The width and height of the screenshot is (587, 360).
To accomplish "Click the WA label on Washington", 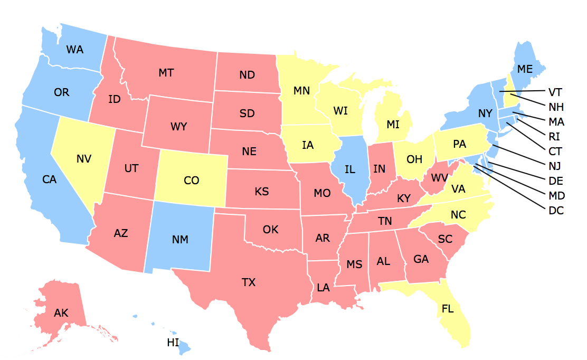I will [x=75, y=50].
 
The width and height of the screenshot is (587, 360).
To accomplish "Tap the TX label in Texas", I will [x=249, y=282].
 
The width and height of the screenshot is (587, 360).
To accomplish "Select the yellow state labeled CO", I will [x=192, y=181].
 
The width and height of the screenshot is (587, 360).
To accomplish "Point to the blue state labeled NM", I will [x=180, y=239].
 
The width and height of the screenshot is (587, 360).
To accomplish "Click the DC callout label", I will [x=556, y=211].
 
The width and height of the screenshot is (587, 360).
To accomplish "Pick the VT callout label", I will [x=556, y=92].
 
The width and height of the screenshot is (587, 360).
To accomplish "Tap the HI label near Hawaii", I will [x=173, y=343].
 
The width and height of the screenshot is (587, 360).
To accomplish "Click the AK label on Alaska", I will [x=61, y=313].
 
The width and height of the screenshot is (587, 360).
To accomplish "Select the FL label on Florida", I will [x=447, y=309].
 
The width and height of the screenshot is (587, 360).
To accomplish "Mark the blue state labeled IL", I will [x=349, y=169].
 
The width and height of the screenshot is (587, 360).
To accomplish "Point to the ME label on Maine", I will [x=525, y=69].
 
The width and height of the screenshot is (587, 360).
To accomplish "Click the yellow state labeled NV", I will [x=84, y=158].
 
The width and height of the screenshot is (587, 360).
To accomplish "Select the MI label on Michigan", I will [x=393, y=125].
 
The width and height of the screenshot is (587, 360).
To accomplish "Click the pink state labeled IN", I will [x=379, y=169].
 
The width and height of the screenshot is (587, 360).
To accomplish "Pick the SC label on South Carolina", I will [x=445, y=239].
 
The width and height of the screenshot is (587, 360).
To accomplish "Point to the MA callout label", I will [x=556, y=122].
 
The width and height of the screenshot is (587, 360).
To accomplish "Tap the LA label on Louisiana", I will [x=323, y=288].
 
